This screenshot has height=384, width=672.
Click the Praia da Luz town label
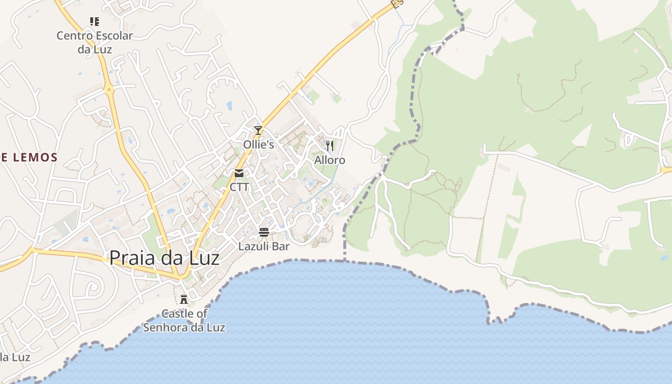pyautogui.click(x=164, y=258)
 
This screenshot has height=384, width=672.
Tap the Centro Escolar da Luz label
pyautogui.click(x=95, y=42)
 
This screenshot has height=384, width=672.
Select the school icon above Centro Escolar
pyautogui.click(x=95, y=21)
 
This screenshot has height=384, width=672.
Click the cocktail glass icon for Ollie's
pyautogui.click(x=258, y=130)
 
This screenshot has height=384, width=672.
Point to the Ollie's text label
pyautogui.click(x=258, y=144)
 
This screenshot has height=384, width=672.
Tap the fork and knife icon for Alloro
pyautogui.click(x=330, y=145)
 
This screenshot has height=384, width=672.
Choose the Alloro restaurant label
pyautogui.click(x=330, y=160)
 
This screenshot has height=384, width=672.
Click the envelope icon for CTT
pyautogui.click(x=239, y=173)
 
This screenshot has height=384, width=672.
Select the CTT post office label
pyautogui.click(x=239, y=187)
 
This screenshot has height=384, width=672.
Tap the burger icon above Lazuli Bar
pyautogui.click(x=264, y=233)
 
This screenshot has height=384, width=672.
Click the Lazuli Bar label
pyautogui.click(x=264, y=247)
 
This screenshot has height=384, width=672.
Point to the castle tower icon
pyautogui.click(x=184, y=300)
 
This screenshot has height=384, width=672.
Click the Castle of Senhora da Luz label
pyautogui.click(x=184, y=321)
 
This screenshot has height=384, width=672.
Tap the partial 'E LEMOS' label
pyautogui.click(x=29, y=157)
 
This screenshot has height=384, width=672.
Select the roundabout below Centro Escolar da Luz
pyautogui.click(x=110, y=88)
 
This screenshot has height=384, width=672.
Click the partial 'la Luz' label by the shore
pyautogui.click(x=15, y=357)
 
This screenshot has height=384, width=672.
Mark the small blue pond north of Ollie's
pyautogui.click(x=229, y=105)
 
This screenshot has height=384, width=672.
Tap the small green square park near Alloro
pyautogui.click(x=337, y=99)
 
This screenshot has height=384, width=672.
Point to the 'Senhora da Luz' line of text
pyautogui.click(x=184, y=328)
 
